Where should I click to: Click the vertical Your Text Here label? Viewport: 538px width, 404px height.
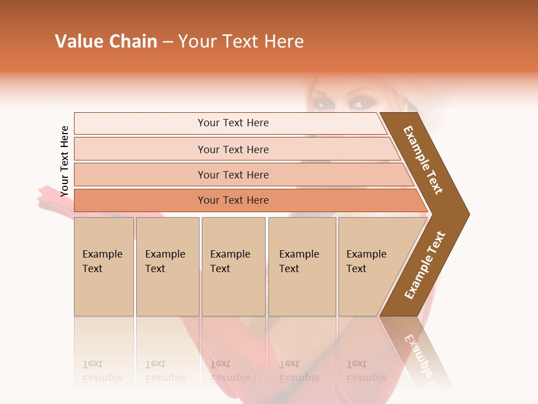pyautogui.click(x=64, y=161)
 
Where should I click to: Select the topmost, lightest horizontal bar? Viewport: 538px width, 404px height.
pyautogui.click(x=233, y=123)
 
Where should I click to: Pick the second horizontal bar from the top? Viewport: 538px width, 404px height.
pyautogui.click(x=233, y=149)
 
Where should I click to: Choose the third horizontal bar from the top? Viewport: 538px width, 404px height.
pyautogui.click(x=233, y=175)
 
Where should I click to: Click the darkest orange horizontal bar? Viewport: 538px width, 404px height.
pyautogui.click(x=233, y=200)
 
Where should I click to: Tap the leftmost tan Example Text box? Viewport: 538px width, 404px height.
pyautogui.click(x=104, y=267)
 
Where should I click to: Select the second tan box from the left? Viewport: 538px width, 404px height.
pyautogui.click(x=168, y=267)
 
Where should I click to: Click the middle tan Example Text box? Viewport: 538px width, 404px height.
pyautogui.click(x=233, y=267)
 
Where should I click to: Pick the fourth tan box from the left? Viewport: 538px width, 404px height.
pyautogui.click(x=302, y=267)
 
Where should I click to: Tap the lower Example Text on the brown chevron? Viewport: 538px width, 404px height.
pyautogui.click(x=425, y=265)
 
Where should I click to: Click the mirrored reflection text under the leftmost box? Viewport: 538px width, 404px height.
pyautogui.click(x=103, y=371)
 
